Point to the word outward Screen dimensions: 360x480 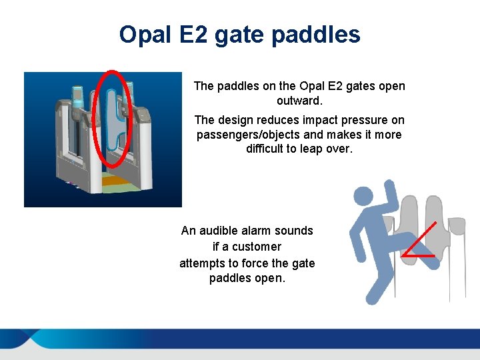click(x=299, y=101)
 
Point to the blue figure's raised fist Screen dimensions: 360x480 click(x=387, y=188)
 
